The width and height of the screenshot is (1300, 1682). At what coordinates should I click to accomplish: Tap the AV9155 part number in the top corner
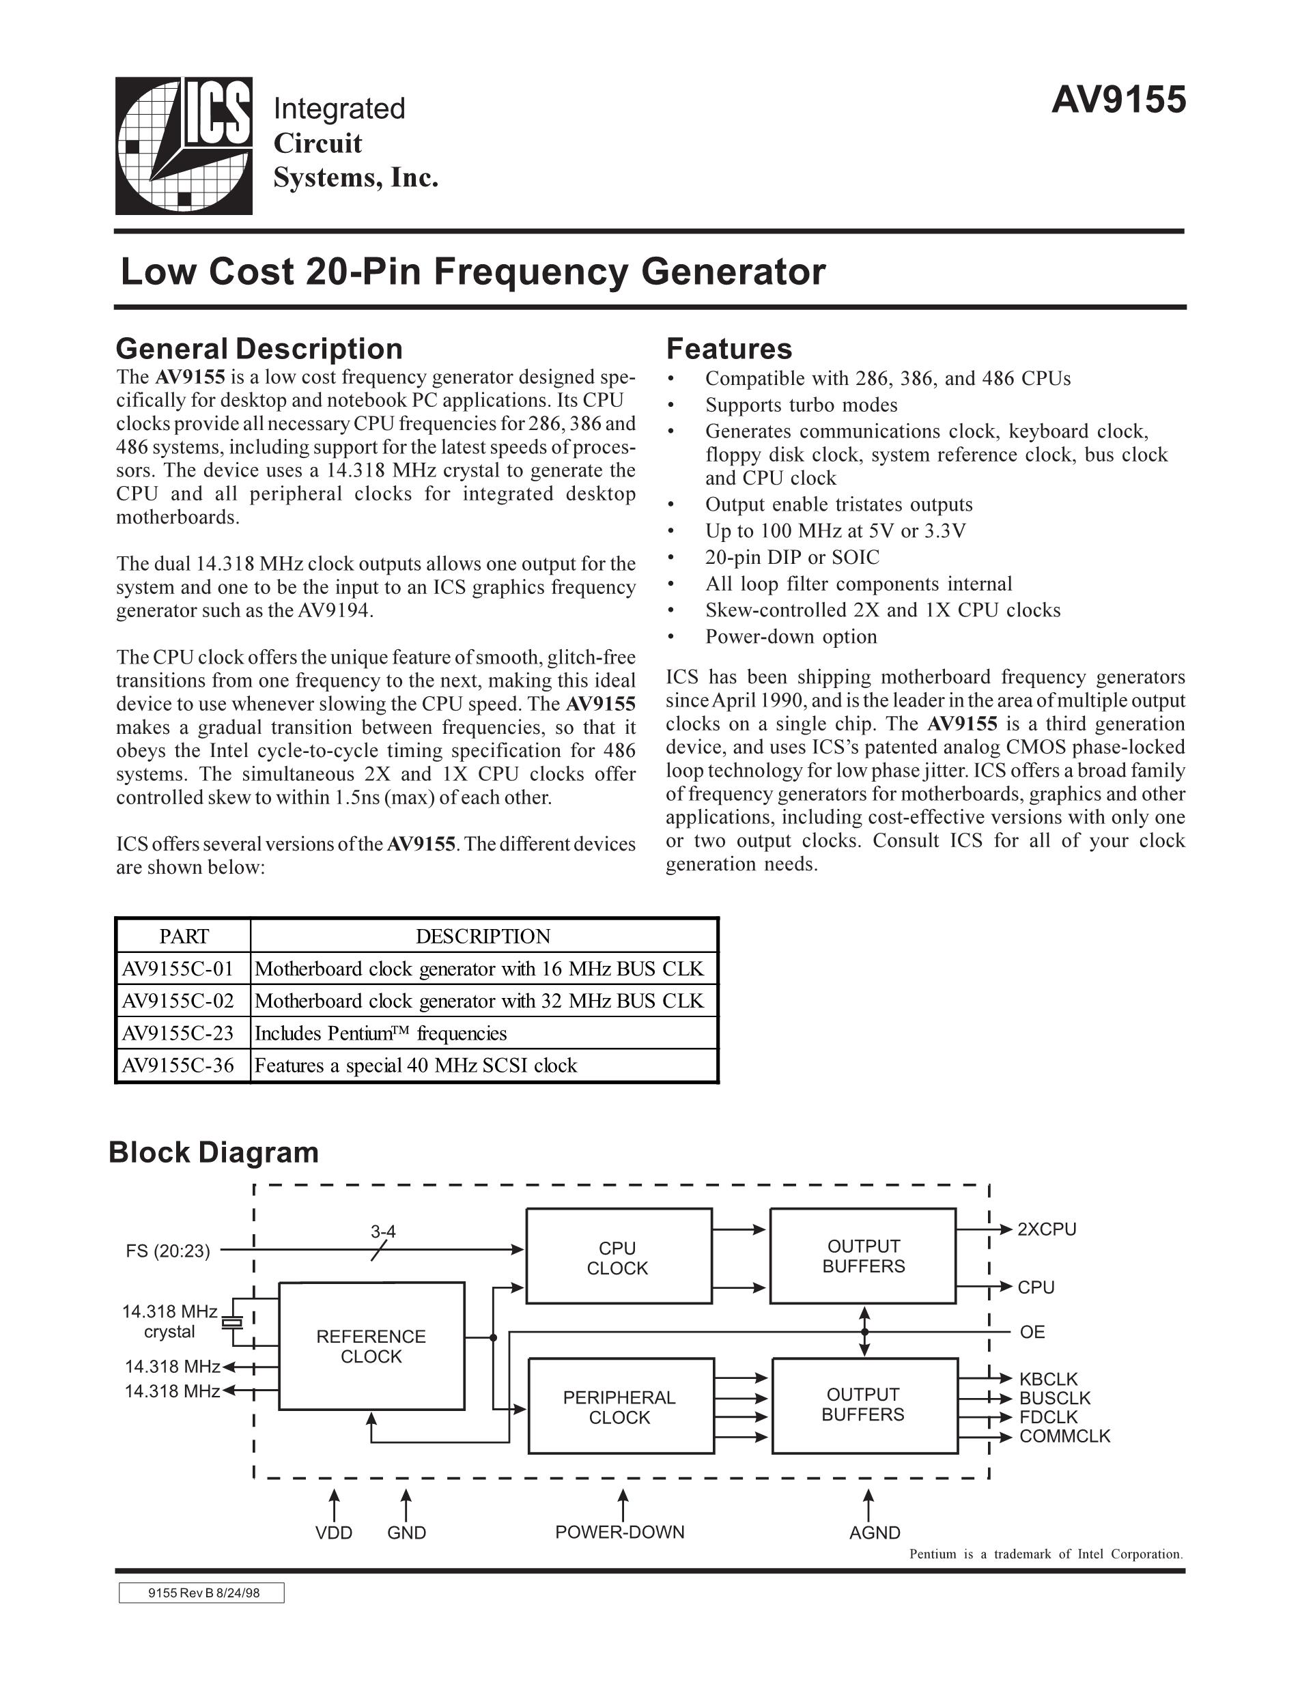1118,100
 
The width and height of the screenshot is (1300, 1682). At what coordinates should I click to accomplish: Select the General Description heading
259,349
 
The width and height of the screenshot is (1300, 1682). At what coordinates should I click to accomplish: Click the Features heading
729,349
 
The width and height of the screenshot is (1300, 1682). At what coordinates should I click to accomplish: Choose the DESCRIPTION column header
483,937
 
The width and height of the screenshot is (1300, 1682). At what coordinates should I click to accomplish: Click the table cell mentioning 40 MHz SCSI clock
416,1066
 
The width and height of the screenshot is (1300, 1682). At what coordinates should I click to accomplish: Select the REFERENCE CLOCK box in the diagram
371,1346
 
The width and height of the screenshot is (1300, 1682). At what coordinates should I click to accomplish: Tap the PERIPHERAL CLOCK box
619,1407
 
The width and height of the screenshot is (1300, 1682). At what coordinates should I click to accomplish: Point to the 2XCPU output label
1047,1229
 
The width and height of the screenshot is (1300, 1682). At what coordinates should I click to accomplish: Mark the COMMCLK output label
1064,1436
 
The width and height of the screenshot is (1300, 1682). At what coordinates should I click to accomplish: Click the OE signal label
1032,1332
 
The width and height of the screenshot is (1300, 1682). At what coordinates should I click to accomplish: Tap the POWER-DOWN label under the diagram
620,1532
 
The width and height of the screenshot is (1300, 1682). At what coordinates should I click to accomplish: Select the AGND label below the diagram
874,1533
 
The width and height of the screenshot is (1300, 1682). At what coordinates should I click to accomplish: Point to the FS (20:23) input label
168,1251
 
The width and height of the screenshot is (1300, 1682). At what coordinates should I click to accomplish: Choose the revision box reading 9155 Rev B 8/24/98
202,1593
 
